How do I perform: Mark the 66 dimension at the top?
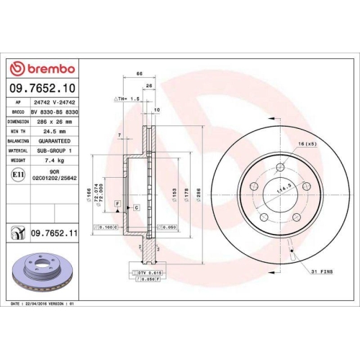(140, 75)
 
